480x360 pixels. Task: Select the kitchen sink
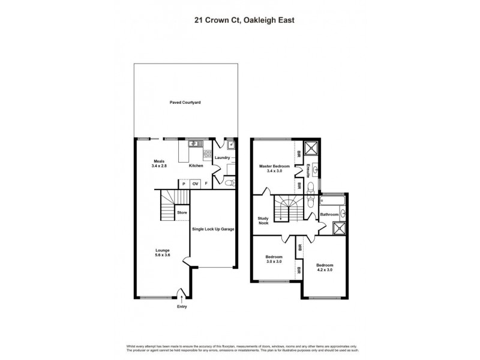195,144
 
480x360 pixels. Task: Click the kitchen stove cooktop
208,155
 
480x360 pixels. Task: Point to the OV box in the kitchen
195,184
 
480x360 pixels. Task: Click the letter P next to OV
184,184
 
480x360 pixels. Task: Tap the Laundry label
223,158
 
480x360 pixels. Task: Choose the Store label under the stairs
182,212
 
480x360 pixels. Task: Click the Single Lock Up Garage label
213,229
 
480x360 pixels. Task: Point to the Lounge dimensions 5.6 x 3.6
162,255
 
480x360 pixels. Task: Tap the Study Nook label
263,220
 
